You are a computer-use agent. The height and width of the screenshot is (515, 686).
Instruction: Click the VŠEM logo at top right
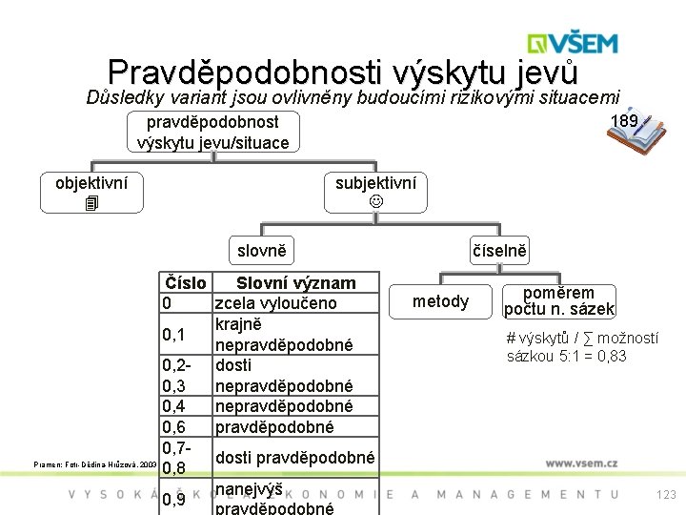pos(573,43)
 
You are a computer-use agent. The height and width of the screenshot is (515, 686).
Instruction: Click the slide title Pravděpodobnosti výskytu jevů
pos(342,72)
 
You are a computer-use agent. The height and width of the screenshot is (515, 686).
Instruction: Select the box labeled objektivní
pos(92,192)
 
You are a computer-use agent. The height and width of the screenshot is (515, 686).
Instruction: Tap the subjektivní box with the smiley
pos(375,192)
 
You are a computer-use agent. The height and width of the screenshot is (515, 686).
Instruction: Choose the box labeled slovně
pos(261,250)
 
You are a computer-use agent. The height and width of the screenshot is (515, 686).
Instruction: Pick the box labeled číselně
pos(498,251)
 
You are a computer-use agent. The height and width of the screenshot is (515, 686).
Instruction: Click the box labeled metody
pos(440,301)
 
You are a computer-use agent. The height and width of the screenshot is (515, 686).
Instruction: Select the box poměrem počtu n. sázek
pos(558,301)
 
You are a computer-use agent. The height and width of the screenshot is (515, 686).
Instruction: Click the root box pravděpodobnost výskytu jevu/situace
pos(212,133)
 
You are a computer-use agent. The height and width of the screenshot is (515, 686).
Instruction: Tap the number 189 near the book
pos(624,121)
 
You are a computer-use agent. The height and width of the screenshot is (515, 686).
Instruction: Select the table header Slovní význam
pos(295,283)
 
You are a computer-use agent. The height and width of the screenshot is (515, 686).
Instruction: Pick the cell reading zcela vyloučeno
pos(276,303)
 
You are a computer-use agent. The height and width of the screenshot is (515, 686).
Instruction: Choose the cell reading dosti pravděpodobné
pos(295,457)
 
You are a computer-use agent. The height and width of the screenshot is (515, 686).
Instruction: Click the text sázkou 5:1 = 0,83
pos(566,356)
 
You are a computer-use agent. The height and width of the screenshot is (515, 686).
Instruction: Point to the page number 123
pos(666,494)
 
